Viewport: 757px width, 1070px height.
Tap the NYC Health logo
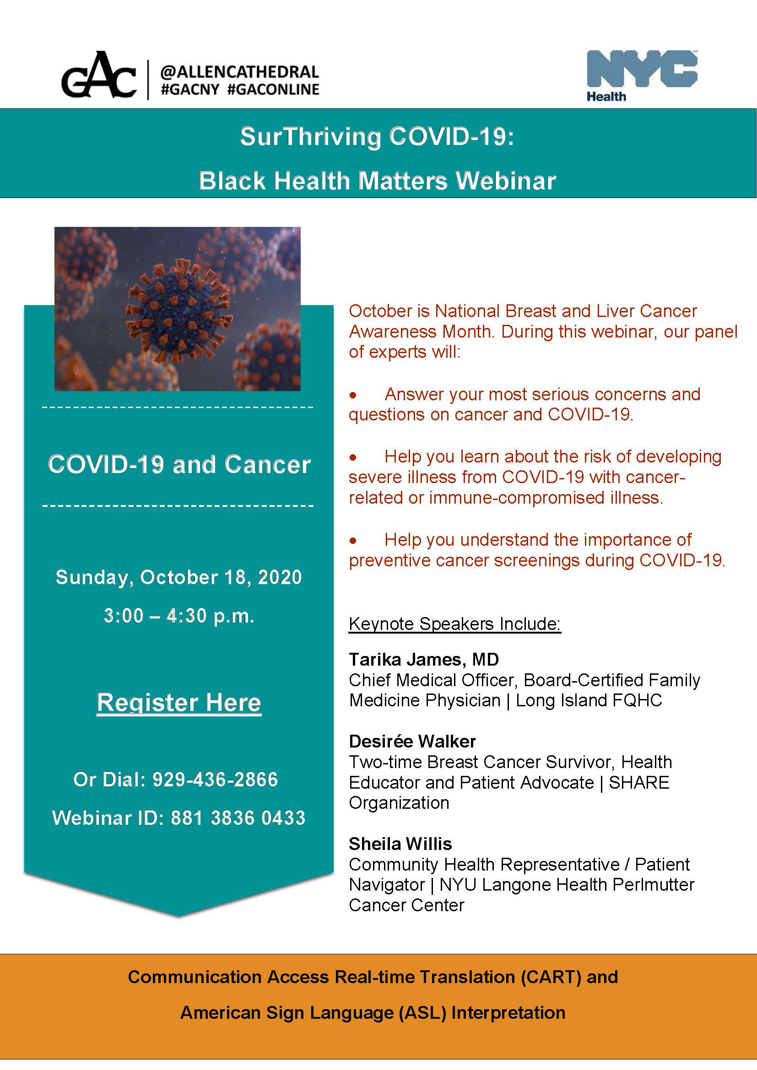tap(642, 75)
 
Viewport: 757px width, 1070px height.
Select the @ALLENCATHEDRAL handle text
tap(239, 72)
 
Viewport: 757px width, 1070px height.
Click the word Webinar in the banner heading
tap(506, 180)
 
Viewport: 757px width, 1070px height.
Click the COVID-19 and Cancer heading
tap(179, 465)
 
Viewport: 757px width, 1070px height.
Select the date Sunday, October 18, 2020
tap(179, 577)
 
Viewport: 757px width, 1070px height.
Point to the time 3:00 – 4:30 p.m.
tap(179, 616)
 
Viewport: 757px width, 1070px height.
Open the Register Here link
tap(179, 703)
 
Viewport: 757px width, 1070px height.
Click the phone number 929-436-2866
tap(216, 779)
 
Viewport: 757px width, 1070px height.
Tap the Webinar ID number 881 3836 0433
tap(238, 818)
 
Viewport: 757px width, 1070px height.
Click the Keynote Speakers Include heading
tap(455, 624)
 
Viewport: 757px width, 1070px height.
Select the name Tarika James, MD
tap(424, 660)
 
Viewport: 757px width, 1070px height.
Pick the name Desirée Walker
tap(412, 742)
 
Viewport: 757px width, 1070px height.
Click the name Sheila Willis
tap(400, 844)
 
